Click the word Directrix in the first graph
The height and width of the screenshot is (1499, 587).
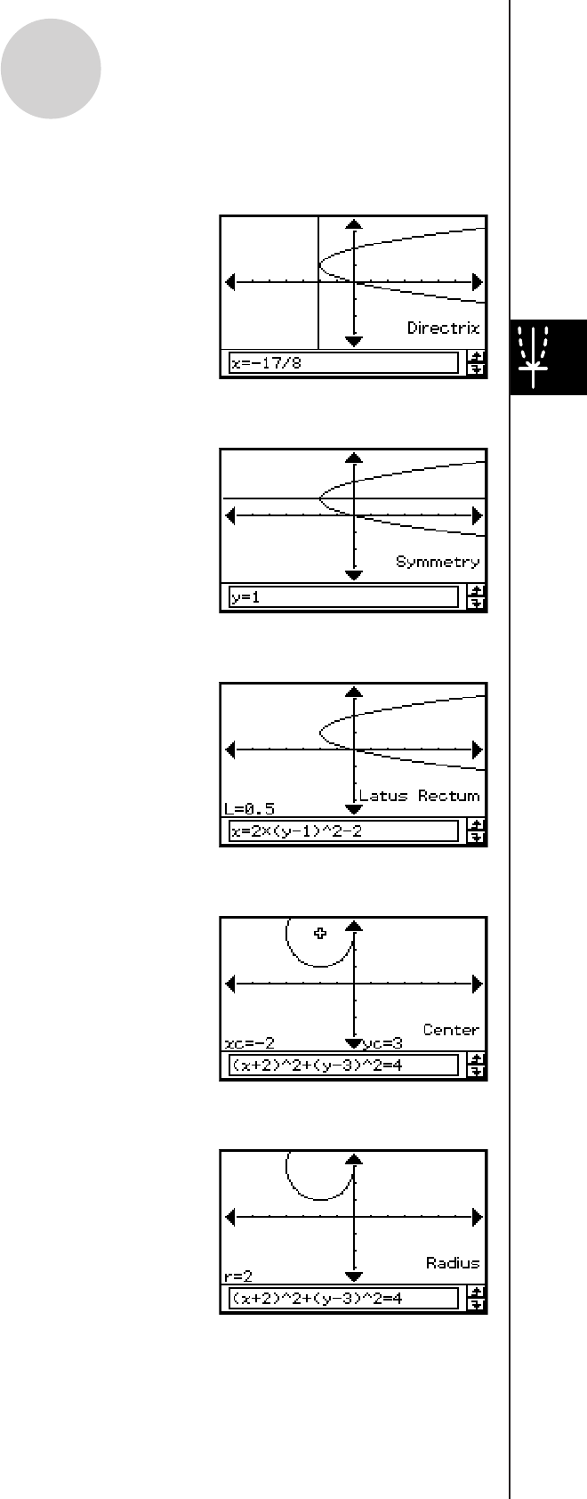443,328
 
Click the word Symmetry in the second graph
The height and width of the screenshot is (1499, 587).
438,563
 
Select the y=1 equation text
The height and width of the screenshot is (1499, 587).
245,597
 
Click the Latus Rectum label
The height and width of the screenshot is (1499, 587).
419,796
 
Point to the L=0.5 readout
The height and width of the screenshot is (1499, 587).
249,809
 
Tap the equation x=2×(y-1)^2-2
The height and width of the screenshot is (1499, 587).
295,831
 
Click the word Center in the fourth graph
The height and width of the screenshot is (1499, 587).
451,1030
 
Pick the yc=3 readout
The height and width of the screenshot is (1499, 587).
382,1043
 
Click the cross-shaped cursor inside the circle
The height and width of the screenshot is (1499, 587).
320,933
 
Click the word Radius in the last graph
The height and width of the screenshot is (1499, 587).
453,1263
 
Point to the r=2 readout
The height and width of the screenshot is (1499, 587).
238,1276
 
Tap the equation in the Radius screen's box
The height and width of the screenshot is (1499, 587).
317,1299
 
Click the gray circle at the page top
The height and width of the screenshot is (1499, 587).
51,68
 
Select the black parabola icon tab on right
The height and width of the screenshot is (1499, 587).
548,357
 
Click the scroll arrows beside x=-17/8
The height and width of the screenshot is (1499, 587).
477,363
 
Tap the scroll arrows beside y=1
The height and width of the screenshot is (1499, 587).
477,597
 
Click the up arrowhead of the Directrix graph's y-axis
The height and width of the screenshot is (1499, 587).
354,225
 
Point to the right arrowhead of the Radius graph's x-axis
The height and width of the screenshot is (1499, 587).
478,1217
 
